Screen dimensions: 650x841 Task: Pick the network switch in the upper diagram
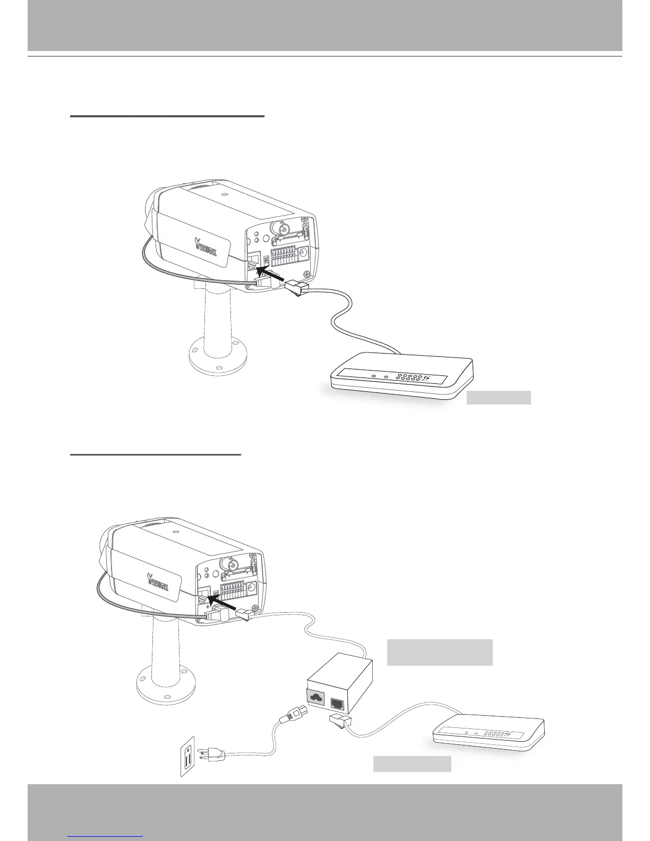pos(401,375)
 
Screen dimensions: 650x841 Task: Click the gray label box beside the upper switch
pos(499,398)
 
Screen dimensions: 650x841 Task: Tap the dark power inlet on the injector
pos(315,697)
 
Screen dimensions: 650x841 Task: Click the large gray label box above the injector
pos(440,653)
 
